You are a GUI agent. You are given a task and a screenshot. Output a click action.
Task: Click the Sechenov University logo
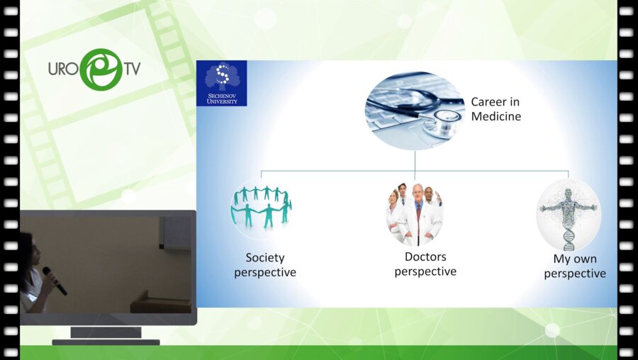click(221, 83)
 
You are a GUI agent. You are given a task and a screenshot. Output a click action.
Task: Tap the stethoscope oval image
click(415, 110)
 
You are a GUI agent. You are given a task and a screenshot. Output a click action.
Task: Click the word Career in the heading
click(489, 102)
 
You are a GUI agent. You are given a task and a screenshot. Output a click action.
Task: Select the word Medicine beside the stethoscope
click(496, 116)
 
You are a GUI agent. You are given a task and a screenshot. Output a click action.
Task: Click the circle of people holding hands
click(260, 208)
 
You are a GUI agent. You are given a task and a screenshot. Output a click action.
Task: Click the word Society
click(264, 257)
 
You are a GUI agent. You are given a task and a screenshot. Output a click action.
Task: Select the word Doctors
click(425, 257)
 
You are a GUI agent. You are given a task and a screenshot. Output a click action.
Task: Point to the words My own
click(574, 259)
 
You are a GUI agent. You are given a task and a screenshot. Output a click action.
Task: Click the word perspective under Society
click(265, 272)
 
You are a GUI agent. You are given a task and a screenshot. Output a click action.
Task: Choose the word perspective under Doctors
click(425, 271)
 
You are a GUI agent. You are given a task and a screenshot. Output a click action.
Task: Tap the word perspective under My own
click(575, 274)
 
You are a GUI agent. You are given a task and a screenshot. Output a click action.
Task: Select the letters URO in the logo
click(63, 69)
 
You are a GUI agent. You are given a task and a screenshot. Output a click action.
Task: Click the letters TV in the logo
click(130, 69)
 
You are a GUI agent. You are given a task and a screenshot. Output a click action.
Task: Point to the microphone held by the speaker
click(55, 281)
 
